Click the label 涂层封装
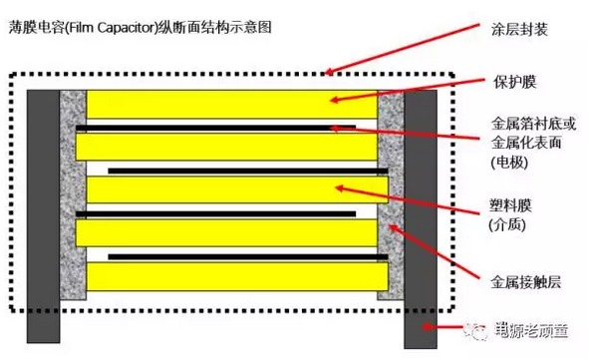point(520,31)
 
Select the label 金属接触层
point(526,281)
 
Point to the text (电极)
point(511,161)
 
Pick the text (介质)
point(511,227)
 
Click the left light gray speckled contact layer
point(74,195)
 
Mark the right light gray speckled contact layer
point(390,195)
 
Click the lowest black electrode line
point(239,256)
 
